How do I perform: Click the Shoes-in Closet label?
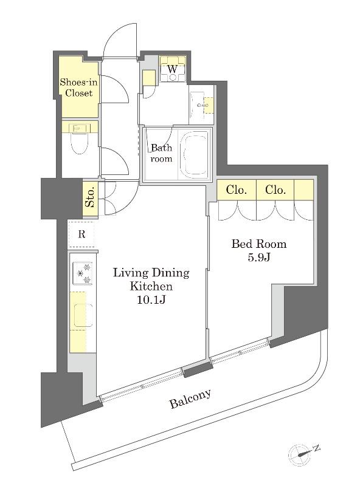coord(78,87)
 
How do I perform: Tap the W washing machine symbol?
coord(173,69)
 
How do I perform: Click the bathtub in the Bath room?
coord(195,154)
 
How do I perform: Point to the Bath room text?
coord(161,153)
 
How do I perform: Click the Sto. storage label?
coord(90,199)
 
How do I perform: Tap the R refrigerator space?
coord(81,234)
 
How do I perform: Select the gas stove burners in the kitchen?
coord(83,273)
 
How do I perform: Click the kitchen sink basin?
coord(83,315)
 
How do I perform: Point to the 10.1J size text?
coord(151,299)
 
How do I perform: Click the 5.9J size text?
coord(259,257)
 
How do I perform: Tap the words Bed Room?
coord(259,244)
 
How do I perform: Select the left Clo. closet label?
coord(237,190)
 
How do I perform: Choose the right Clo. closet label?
coord(275,190)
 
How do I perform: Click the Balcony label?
coord(190,399)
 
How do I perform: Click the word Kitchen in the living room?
coord(151,286)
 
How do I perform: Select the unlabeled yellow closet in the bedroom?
coord(303,190)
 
